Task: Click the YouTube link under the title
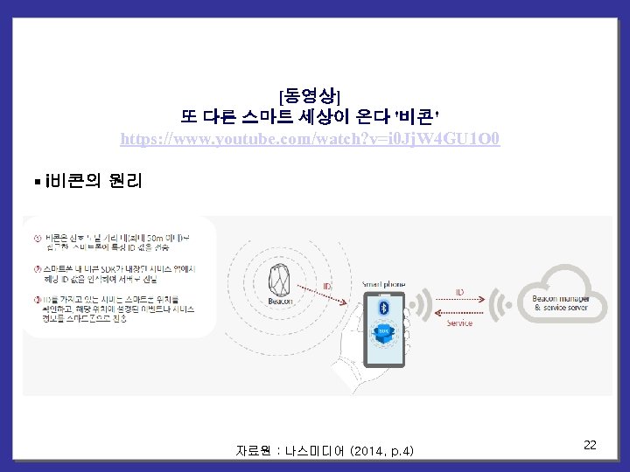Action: point(310,139)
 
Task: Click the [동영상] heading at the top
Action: point(309,94)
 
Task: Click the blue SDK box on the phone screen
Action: point(382,333)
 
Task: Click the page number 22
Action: point(590,446)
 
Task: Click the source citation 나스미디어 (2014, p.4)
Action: point(325,451)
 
